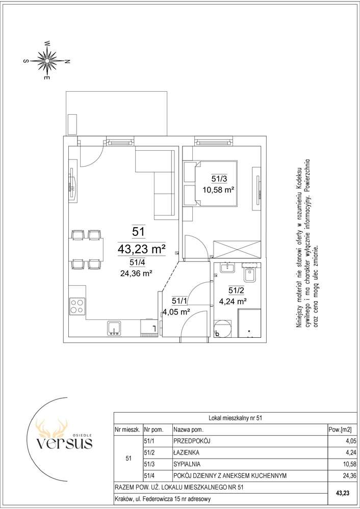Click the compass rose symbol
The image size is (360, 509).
coord(47,61)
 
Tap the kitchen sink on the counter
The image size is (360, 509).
coord(114,328)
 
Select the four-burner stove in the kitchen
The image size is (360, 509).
coord(78,306)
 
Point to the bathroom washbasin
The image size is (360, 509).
coord(228,268)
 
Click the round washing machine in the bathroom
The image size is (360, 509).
coord(223,328)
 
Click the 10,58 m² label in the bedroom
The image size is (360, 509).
coord(219,190)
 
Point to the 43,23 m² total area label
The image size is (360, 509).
coord(142,249)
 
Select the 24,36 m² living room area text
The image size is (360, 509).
coord(137,273)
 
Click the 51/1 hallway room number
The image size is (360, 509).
coord(179,301)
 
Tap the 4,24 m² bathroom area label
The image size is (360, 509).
coord(233,301)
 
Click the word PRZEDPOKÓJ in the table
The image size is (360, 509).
coord(192,441)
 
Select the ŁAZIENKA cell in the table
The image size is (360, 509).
coord(187,452)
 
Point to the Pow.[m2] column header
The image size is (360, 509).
coord(340,430)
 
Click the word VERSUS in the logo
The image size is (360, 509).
coord(64,443)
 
